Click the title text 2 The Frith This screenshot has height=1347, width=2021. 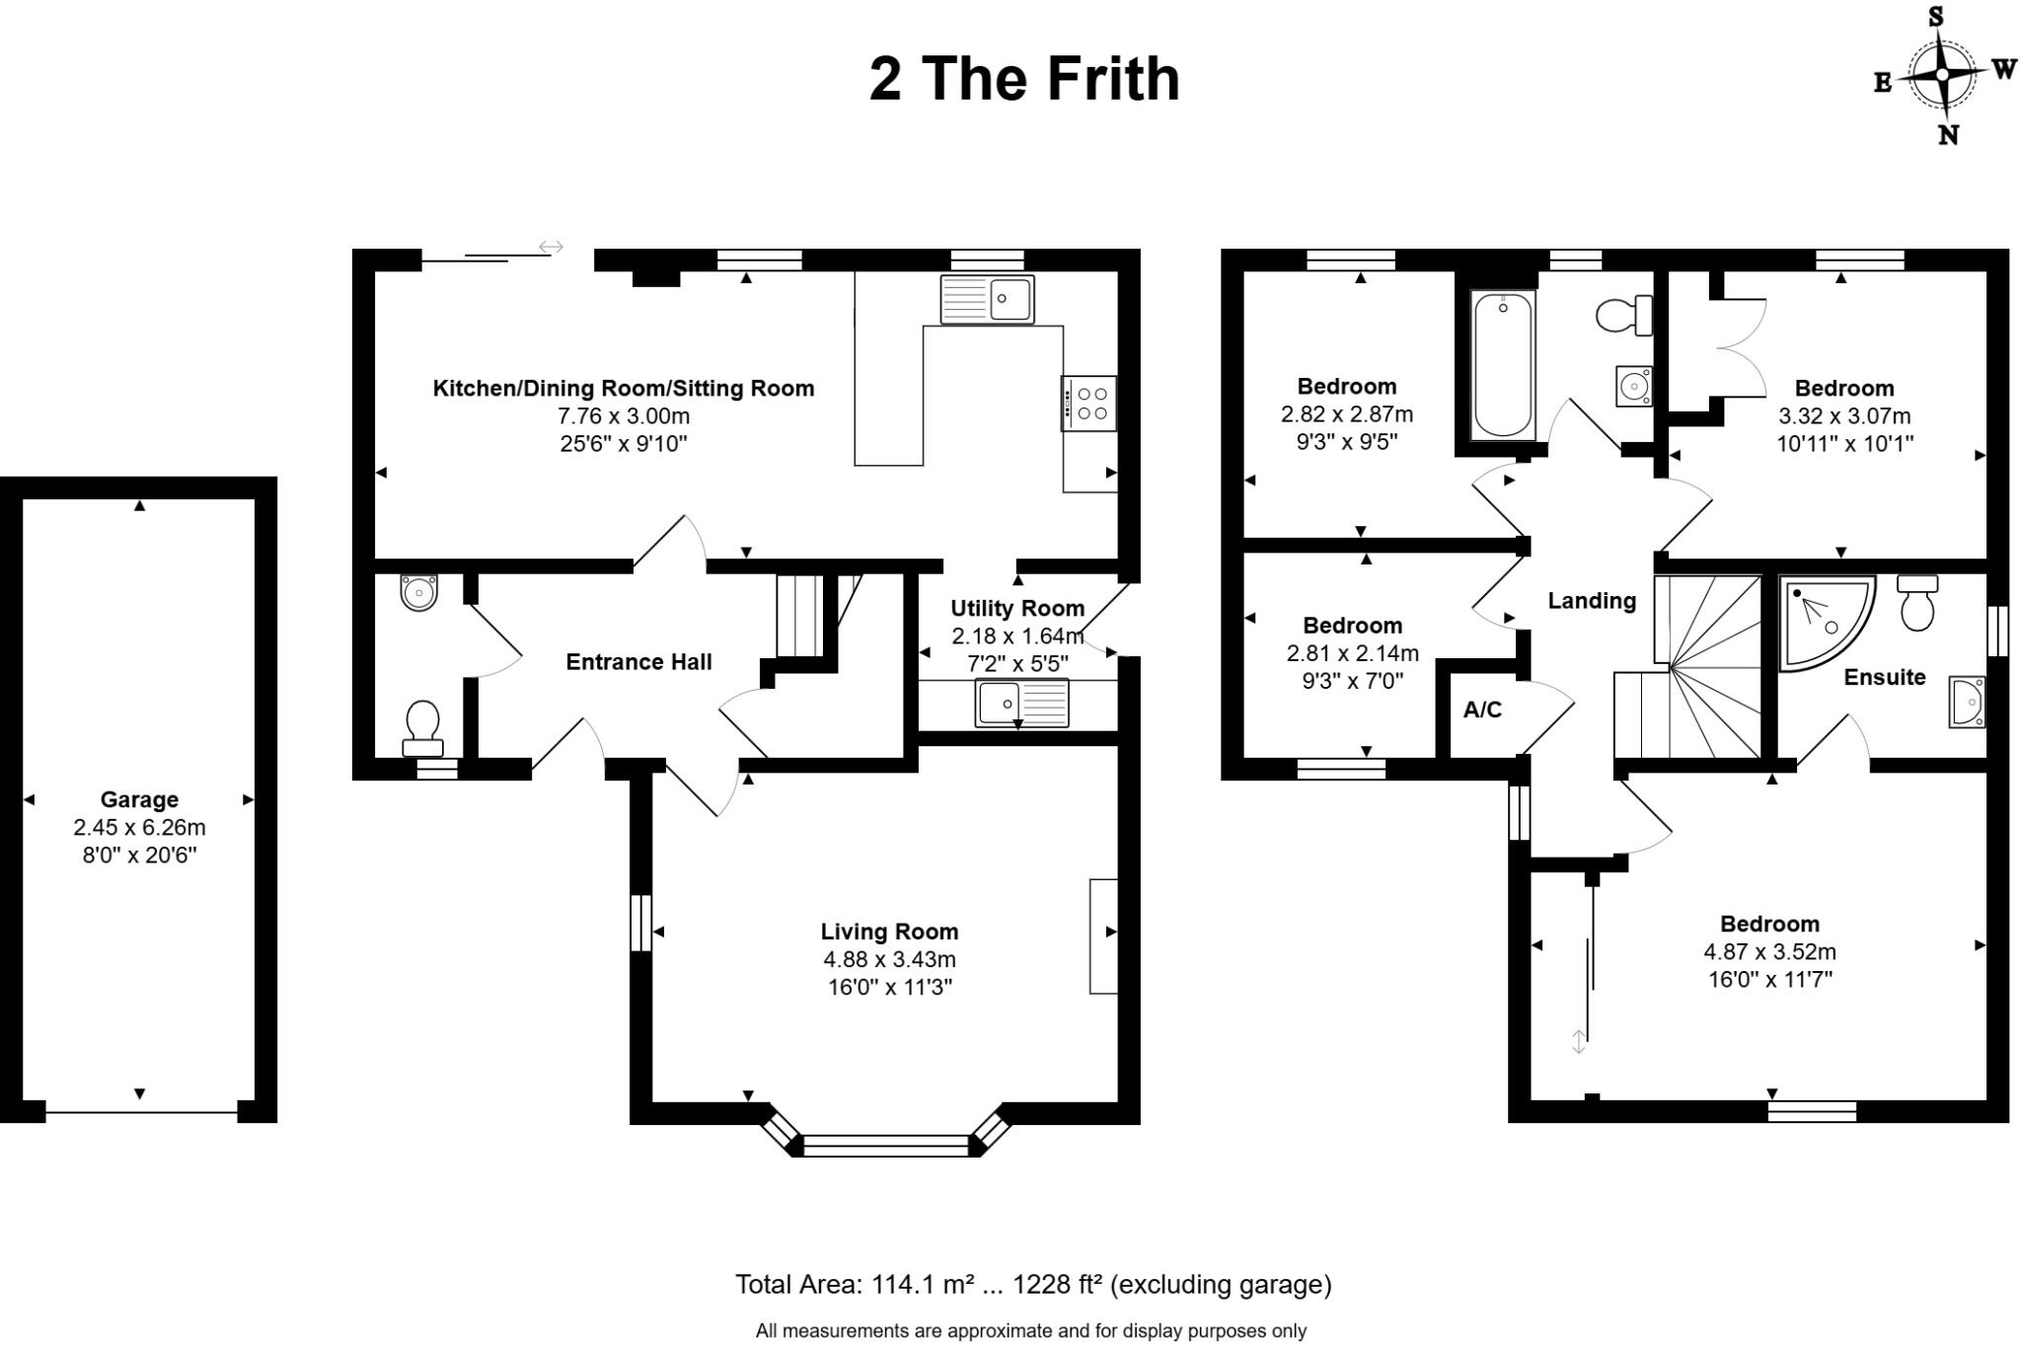click(x=1023, y=79)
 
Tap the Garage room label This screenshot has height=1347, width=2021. click(x=139, y=799)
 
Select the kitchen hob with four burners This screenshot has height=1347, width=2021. click(x=1089, y=404)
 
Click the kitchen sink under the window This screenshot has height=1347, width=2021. click(x=987, y=299)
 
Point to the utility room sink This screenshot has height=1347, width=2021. click(x=1021, y=704)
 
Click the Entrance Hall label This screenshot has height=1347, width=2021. click(x=638, y=662)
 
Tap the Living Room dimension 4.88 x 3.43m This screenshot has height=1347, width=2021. click(x=889, y=959)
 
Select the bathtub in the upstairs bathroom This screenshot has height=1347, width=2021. click(x=1502, y=364)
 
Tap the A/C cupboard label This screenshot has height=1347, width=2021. click(x=1482, y=710)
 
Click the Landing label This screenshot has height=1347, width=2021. click(x=1591, y=600)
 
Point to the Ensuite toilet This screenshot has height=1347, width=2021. click(x=1916, y=604)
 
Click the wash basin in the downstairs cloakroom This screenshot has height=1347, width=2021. click(x=418, y=592)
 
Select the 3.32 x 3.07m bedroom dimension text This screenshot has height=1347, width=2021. click(x=1843, y=415)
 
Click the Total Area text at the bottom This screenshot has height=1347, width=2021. click(x=1032, y=1284)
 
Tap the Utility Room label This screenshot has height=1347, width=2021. click(x=1016, y=608)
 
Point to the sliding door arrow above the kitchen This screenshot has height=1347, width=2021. click(x=551, y=247)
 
